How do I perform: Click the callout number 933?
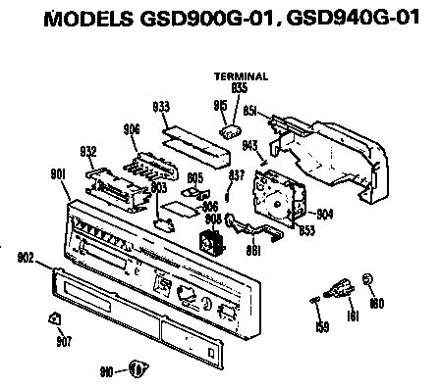pyautogui.click(x=164, y=105)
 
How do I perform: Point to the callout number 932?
pyautogui.click(x=87, y=151)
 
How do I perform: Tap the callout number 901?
pyautogui.click(x=57, y=173)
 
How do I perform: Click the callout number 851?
pyautogui.click(x=251, y=112)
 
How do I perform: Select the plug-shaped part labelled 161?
pyautogui.click(x=341, y=290)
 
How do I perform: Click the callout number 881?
pyautogui.click(x=253, y=250)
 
